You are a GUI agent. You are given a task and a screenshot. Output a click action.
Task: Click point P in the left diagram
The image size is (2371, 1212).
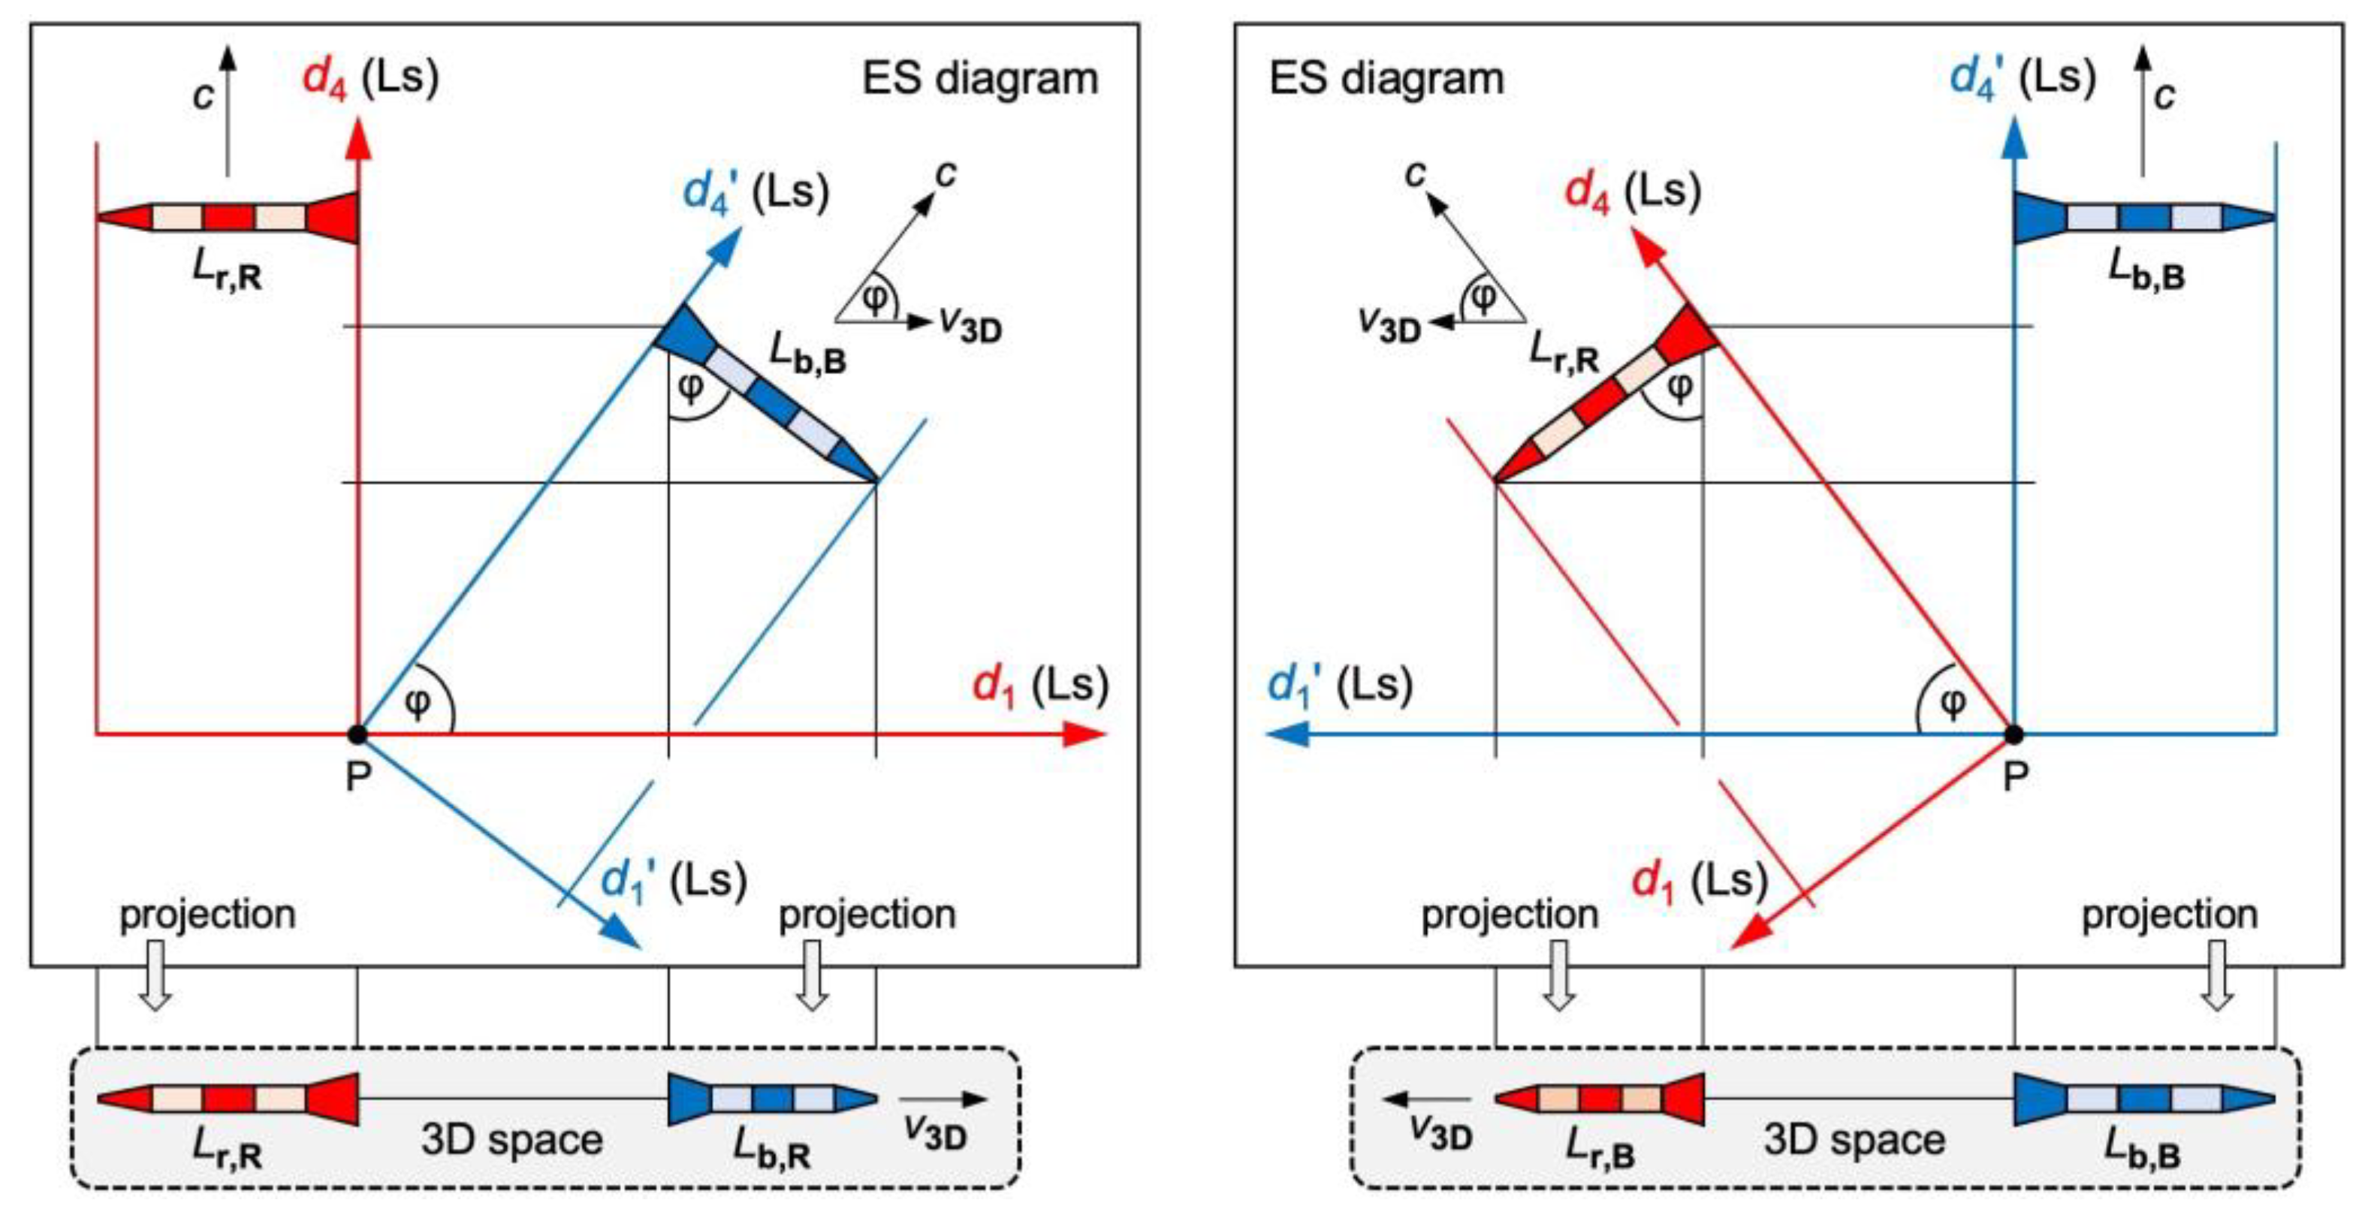tap(357, 734)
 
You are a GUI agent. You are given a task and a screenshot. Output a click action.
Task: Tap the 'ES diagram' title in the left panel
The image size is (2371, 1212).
tap(979, 78)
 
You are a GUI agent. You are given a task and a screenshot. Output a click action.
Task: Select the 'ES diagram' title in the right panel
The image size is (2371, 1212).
tap(1386, 78)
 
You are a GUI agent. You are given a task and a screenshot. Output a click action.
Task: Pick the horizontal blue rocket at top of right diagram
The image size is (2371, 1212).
tap(2145, 218)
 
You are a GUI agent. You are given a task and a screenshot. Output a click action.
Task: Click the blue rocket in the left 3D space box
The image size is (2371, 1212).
tap(773, 1099)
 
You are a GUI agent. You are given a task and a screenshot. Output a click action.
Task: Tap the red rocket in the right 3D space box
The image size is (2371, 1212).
tap(1600, 1099)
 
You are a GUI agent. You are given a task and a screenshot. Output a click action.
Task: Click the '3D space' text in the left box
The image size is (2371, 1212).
tap(511, 1139)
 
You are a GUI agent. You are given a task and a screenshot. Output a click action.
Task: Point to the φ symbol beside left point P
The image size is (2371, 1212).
tap(417, 702)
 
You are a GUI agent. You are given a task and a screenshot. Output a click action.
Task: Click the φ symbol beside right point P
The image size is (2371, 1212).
tap(1952, 702)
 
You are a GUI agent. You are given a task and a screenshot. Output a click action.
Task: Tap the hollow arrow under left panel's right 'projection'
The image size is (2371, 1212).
tap(811, 975)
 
